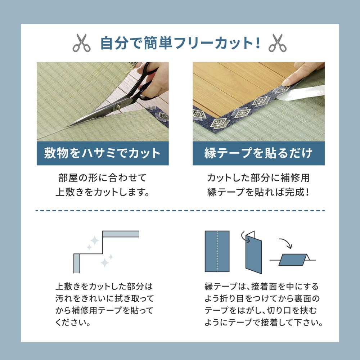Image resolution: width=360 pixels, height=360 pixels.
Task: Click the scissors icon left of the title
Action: point(82,43)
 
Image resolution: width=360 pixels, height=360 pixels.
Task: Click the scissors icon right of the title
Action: point(277,43)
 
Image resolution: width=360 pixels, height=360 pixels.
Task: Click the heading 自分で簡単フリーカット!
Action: point(180,43)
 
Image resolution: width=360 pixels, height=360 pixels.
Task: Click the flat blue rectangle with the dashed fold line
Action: point(217,251)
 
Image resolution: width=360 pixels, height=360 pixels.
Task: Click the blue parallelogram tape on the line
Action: point(293,259)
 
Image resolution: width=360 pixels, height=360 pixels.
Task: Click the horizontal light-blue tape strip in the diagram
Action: point(121,234)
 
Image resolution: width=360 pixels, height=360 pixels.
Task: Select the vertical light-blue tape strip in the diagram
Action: point(77,263)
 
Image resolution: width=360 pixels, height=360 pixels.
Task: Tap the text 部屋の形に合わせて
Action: point(103,178)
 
